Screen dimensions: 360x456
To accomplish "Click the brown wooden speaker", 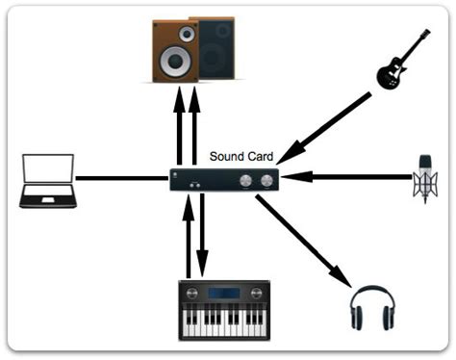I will (x=174, y=50).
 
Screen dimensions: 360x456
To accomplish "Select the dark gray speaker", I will (x=215, y=48).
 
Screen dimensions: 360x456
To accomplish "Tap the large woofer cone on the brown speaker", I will (x=175, y=64).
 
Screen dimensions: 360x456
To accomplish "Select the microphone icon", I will (x=424, y=177).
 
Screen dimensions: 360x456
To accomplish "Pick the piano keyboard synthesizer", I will (x=224, y=310).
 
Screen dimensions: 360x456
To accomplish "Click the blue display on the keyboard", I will (x=224, y=292).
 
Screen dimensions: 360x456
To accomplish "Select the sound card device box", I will (x=224, y=179).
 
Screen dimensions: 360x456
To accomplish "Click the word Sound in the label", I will (x=227, y=156).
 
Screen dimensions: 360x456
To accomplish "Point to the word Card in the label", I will (x=260, y=156).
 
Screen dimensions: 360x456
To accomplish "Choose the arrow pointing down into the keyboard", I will (x=202, y=235).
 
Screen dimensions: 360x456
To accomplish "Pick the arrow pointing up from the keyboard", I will (x=189, y=235).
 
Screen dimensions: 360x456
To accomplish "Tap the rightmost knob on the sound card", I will (x=266, y=179).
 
